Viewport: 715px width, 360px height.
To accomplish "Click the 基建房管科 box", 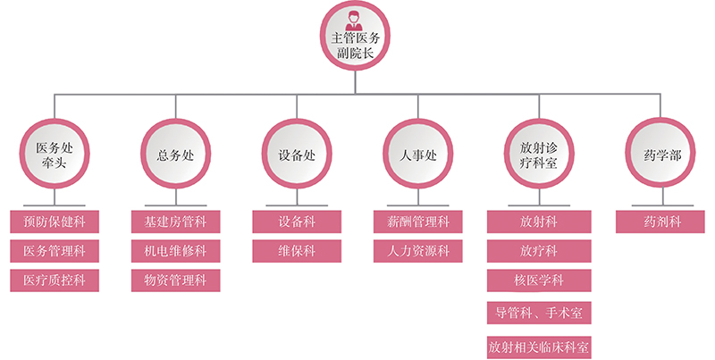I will click(175, 221).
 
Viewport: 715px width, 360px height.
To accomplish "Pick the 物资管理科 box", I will click(175, 280).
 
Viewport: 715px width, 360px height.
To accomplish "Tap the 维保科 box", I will click(297, 251).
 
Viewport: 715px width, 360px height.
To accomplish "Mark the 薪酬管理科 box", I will click(418, 221).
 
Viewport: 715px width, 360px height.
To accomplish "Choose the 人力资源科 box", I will click(418, 251).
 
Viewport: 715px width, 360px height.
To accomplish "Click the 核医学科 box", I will click(539, 281).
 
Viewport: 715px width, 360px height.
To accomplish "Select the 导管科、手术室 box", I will click(539, 313).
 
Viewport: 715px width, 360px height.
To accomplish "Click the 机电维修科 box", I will click(175, 251).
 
